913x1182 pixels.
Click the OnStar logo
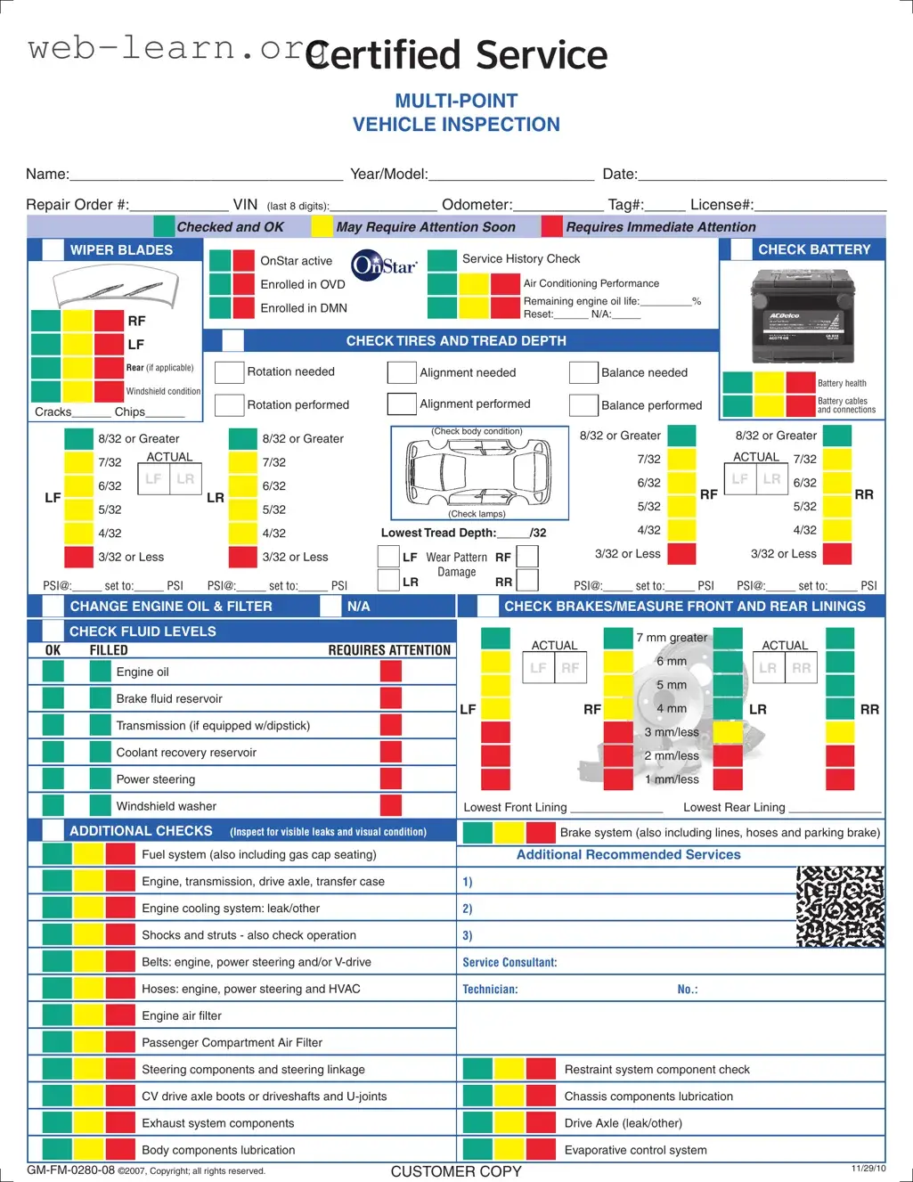pyautogui.click(x=384, y=265)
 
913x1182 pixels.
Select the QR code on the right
pyautogui.click(x=840, y=906)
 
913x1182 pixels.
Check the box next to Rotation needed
pyautogui.click(x=230, y=372)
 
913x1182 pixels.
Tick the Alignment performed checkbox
pyautogui.click(x=402, y=404)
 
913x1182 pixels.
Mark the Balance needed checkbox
pyautogui.click(x=583, y=372)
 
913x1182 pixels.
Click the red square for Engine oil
pyautogui.click(x=390, y=672)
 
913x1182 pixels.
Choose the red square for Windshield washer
pyautogui.click(x=390, y=805)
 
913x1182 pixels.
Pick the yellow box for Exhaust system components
pyautogui.click(x=88, y=1123)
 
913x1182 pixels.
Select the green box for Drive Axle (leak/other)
pyautogui.click(x=477, y=1122)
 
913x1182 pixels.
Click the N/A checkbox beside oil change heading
pyautogui.click(x=330, y=607)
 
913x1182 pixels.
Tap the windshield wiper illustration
pyautogui.click(x=115, y=288)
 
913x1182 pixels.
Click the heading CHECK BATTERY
pyautogui.click(x=814, y=249)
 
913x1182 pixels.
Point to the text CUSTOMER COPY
pyautogui.click(x=456, y=1171)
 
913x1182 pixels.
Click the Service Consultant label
pyautogui.click(x=509, y=962)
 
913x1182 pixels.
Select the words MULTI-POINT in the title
pyautogui.click(x=456, y=101)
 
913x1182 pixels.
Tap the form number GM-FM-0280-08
pyautogui.click(x=71, y=1170)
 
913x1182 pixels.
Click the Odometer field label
pyautogui.click(x=477, y=205)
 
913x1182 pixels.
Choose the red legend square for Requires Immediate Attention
pyautogui.click(x=552, y=227)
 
